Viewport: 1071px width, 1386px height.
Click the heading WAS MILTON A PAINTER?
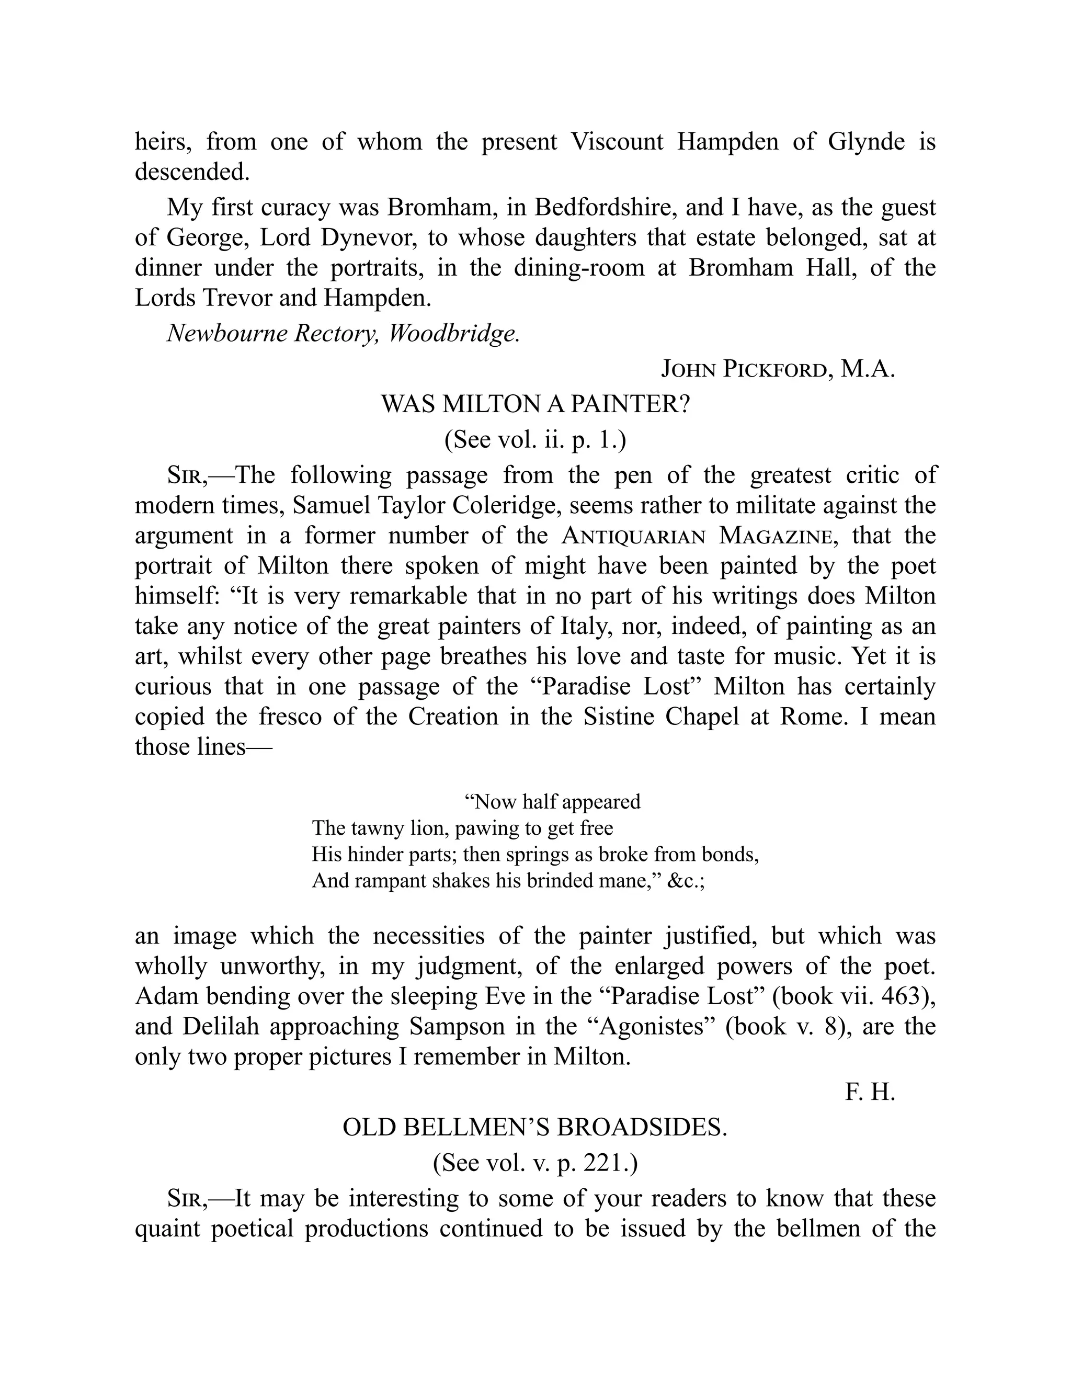pos(535,404)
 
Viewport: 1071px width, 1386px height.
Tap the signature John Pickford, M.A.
pos(778,369)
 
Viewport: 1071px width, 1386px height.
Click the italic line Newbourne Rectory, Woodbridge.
pos(343,333)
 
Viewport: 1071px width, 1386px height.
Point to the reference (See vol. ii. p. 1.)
pos(535,440)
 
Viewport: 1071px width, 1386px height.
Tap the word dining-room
pos(579,268)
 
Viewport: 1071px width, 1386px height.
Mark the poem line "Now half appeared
pos(553,801)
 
